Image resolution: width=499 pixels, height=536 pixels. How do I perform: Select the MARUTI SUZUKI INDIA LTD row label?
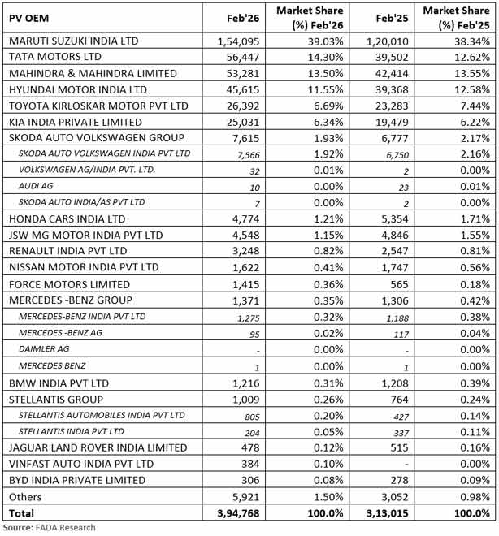85,41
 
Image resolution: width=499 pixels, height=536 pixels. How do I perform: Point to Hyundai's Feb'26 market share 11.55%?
323,89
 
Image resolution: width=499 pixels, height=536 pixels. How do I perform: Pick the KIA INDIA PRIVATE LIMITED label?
80,122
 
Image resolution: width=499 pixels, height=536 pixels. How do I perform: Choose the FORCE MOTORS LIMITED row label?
69,284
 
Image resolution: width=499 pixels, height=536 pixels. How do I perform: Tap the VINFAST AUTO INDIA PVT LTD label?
81,464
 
